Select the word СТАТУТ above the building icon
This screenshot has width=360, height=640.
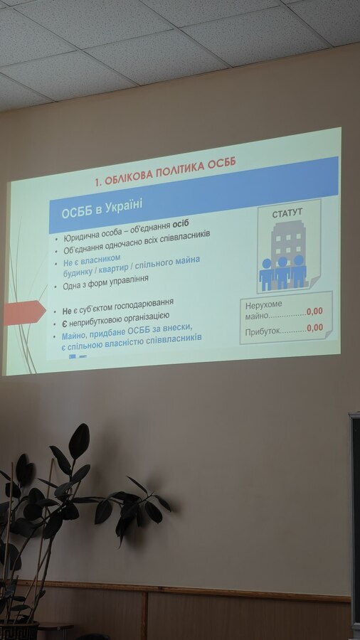click(287, 213)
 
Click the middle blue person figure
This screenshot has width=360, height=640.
click(282, 273)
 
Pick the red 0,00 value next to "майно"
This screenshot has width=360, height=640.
click(314, 311)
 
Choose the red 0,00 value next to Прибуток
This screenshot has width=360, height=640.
click(314, 328)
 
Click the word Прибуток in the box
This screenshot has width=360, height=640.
click(263, 331)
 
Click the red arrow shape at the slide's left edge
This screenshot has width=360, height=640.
click(24, 313)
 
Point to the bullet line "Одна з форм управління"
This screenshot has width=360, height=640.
click(105, 282)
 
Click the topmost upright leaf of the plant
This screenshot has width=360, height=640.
click(79, 442)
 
